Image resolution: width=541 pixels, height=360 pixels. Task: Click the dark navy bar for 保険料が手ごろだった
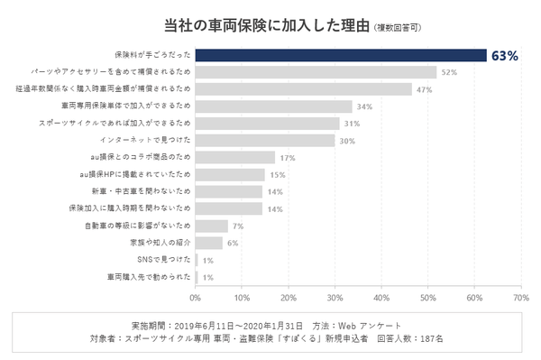point(341,55)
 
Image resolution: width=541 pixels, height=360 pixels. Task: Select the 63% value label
point(504,56)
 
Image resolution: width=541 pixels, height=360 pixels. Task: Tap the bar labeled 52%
point(316,72)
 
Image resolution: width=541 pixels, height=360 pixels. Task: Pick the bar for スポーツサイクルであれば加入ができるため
point(267,123)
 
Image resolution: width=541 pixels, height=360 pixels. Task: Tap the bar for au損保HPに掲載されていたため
point(230,174)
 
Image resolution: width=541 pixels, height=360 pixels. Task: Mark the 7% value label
point(238,226)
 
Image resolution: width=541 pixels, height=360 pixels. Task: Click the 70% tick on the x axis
point(520,296)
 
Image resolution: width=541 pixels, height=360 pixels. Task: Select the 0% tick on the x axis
point(196,296)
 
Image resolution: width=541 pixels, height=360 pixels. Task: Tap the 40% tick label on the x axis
point(381,296)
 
